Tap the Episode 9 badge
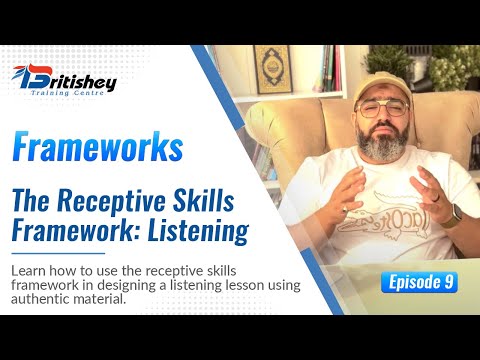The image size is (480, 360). click(419, 282)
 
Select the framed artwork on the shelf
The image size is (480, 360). click(271, 69)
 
